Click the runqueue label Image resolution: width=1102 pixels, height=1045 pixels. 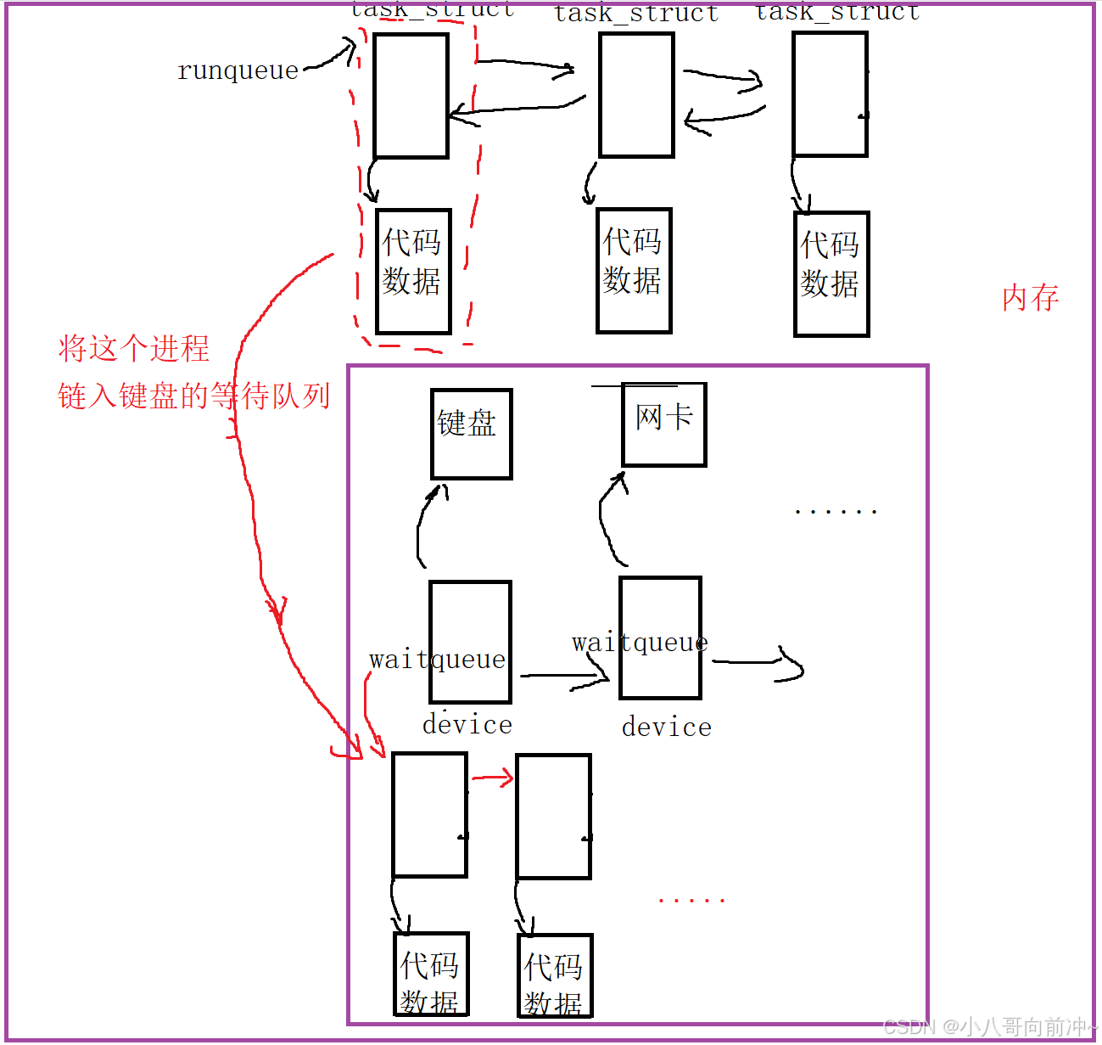point(238,70)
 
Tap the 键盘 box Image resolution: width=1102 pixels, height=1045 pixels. point(471,434)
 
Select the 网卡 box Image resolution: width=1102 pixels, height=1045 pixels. point(664,424)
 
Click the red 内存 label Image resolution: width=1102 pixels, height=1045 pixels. point(1030,298)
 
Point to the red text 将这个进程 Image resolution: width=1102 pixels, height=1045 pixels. point(134,348)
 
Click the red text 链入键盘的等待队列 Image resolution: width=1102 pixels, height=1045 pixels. point(193,396)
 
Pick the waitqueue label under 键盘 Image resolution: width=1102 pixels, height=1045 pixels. point(437,659)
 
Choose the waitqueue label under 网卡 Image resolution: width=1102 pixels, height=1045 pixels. point(640,643)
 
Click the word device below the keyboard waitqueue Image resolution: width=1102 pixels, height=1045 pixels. point(467,725)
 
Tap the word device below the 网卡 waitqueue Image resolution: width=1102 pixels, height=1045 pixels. point(667,728)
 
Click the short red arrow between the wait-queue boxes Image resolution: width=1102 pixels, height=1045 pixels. point(493,778)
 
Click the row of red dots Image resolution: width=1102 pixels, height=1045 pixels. point(691,900)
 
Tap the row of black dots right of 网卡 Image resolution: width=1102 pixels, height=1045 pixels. point(835,512)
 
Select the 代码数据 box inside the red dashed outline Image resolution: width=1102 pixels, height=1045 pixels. point(413,271)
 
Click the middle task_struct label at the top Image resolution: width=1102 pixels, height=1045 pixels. point(636,14)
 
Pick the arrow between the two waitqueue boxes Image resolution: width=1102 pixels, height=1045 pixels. point(564,677)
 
